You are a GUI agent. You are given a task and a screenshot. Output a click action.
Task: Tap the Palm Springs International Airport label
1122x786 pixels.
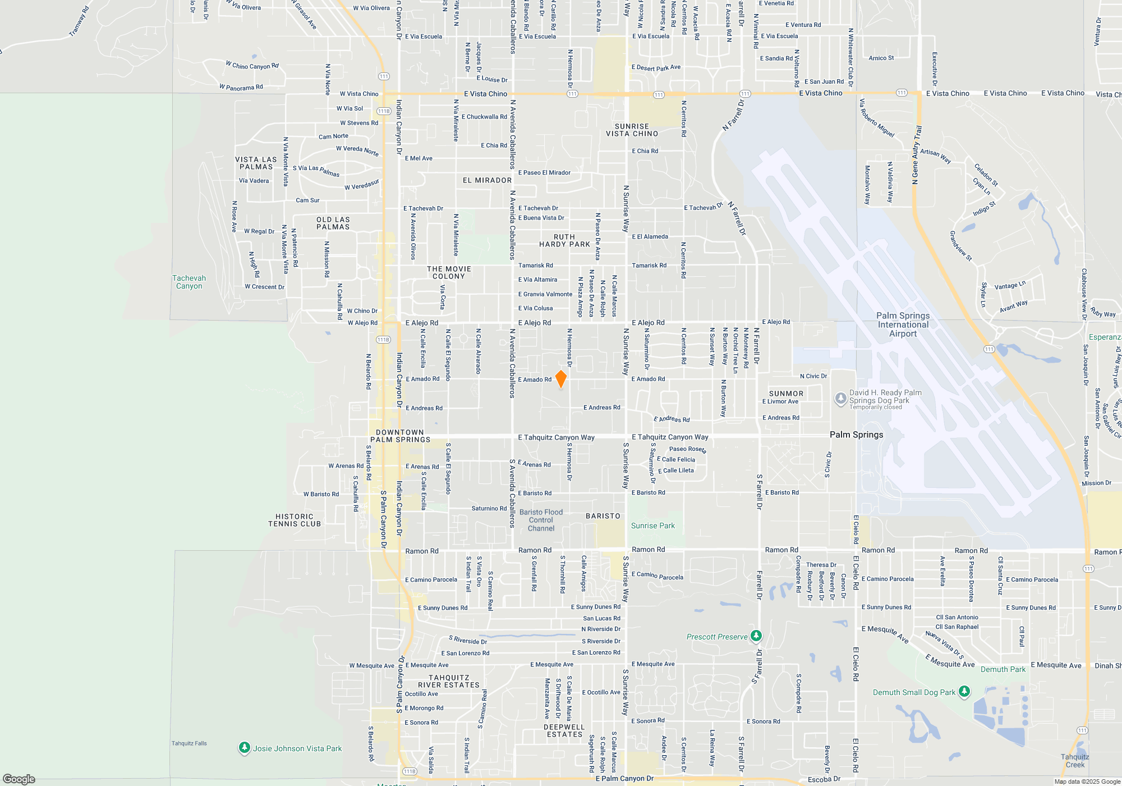903,325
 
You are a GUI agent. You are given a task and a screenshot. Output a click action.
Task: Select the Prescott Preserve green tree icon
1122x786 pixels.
756,636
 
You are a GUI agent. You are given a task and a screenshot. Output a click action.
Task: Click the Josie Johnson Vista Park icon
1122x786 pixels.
244,748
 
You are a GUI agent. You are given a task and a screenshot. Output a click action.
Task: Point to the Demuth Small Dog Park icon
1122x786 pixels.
964,692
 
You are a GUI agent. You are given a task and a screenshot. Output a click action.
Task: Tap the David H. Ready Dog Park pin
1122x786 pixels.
840,399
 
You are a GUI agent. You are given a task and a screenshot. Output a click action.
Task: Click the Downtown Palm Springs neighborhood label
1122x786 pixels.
400,436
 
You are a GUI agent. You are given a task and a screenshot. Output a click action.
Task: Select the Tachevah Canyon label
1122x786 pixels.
189,282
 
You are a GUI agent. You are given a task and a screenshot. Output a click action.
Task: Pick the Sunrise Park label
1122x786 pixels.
652,525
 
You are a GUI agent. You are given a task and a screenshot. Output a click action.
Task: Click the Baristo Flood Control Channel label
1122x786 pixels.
541,520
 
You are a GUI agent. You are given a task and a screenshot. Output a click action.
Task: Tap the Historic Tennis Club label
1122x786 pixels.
295,520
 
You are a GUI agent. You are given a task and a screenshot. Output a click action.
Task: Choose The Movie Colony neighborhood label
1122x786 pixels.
449,272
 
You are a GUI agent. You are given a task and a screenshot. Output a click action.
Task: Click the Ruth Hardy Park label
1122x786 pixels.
564,240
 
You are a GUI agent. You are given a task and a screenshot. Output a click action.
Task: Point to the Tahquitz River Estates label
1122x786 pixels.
449,681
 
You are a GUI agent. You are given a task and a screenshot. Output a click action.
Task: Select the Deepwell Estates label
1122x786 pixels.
565,730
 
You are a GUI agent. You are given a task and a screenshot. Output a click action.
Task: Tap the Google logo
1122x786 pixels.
19,779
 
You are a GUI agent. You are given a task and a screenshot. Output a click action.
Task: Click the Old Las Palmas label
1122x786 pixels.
333,223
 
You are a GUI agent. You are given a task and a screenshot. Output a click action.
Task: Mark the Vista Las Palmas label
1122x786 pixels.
256,163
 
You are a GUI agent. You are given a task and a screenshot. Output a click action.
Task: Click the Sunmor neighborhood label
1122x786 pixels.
786,394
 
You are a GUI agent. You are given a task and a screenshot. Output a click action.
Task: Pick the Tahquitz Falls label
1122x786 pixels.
189,743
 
